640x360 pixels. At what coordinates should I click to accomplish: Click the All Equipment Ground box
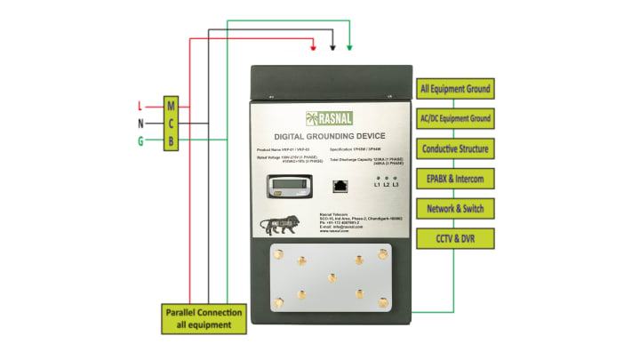click(x=454, y=89)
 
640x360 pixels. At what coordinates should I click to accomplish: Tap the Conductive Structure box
click(x=454, y=148)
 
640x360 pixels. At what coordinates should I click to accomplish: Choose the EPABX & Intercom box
click(x=454, y=179)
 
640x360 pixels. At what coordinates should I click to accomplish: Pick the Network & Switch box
click(x=454, y=208)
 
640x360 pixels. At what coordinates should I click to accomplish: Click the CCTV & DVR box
click(x=454, y=238)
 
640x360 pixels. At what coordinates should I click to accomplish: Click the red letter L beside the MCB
click(x=141, y=106)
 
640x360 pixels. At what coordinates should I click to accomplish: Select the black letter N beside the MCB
click(x=140, y=123)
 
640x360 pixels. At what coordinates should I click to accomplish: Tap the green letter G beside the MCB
click(x=140, y=140)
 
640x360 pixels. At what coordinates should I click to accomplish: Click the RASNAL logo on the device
click(x=330, y=116)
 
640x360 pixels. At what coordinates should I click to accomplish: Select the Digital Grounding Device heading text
click(x=330, y=134)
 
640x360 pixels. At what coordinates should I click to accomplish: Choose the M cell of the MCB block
click(x=172, y=106)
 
